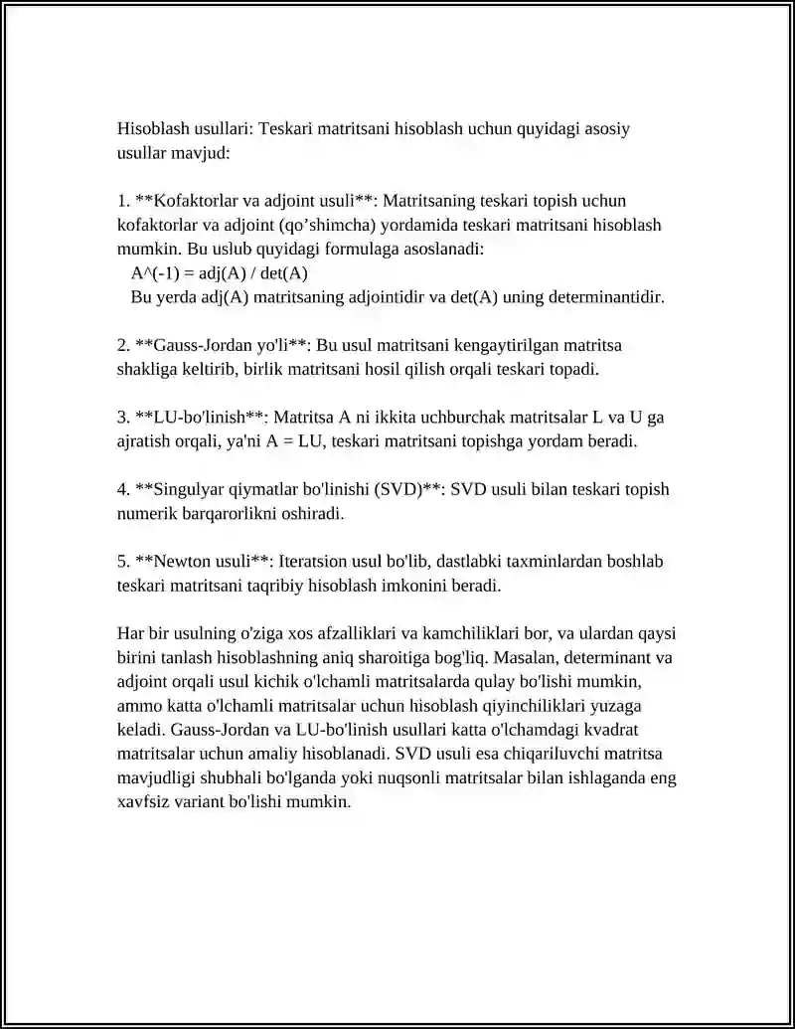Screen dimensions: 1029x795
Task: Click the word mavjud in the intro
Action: (200, 153)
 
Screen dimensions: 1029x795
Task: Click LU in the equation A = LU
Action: (319, 440)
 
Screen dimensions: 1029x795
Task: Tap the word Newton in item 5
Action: (179, 562)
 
